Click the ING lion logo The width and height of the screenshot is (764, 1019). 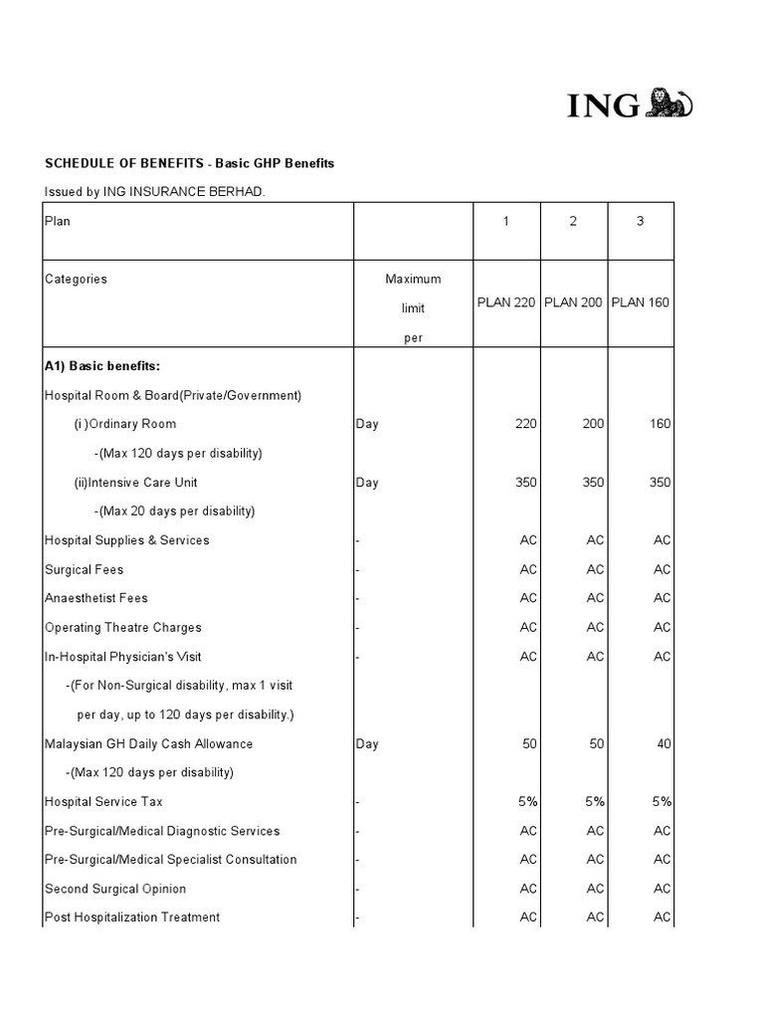[669, 102]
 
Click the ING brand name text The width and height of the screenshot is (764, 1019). [604, 105]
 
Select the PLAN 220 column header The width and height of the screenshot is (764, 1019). [505, 303]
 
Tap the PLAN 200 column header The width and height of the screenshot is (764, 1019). [573, 303]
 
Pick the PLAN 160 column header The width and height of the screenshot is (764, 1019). [641, 303]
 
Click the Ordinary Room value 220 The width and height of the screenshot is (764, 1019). [525, 424]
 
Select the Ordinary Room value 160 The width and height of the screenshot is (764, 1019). [660, 424]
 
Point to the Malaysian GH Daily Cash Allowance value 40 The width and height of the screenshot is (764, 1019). [663, 744]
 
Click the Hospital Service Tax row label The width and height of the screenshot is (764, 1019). [103, 802]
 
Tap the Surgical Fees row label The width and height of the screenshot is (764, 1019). [84, 570]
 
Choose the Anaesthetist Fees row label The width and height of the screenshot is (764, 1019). [96, 599]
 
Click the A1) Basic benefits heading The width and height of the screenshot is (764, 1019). [95, 366]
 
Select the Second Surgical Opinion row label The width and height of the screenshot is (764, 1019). [115, 889]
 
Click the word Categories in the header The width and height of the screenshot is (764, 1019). [76, 280]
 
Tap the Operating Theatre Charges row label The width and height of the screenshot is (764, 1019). [123, 628]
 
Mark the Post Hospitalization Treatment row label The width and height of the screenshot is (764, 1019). [132, 917]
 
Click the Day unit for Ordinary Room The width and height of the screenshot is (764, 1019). [367, 424]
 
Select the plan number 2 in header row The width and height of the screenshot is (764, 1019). [573, 222]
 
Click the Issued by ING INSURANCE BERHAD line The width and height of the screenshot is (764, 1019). [154, 191]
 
